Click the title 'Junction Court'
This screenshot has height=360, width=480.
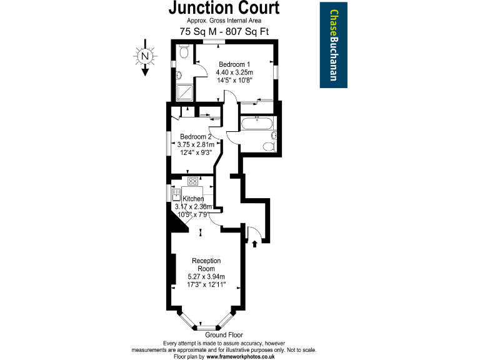[223, 9]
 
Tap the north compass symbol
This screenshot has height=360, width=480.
[145, 57]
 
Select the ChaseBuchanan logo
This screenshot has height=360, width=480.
[334, 45]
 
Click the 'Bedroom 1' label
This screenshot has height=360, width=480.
[234, 64]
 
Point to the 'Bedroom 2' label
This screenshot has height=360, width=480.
[196, 137]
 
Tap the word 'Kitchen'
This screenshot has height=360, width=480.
[193, 198]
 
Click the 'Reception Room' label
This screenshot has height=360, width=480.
[206, 264]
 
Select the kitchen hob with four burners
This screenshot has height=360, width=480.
[192, 182]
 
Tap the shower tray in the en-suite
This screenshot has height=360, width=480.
[186, 93]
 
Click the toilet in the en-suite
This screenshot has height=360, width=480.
[183, 53]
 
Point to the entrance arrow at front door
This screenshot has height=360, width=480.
[254, 244]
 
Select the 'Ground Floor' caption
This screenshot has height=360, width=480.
[224, 335]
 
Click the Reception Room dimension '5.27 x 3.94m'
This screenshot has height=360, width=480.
[206, 277]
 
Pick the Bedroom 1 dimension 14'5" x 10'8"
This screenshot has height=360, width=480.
[234, 80]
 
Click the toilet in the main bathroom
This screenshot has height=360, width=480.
[269, 147]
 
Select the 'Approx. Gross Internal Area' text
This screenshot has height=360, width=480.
[223, 21]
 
